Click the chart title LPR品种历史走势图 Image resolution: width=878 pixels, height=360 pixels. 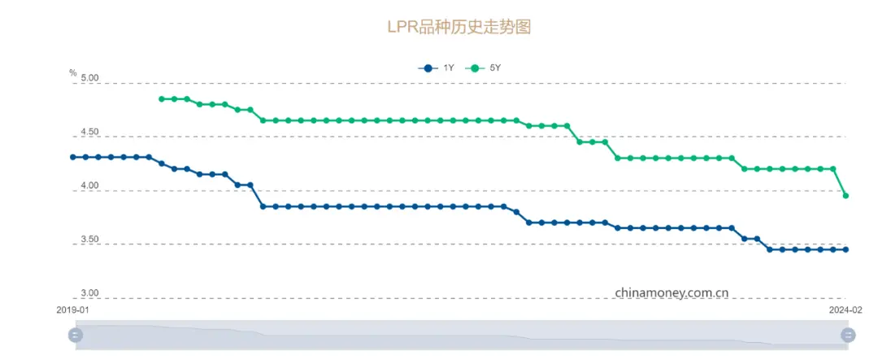click(x=459, y=27)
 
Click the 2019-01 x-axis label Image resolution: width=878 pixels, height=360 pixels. click(x=73, y=310)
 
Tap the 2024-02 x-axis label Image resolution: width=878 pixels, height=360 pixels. click(x=845, y=310)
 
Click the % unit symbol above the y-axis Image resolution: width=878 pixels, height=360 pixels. click(x=73, y=73)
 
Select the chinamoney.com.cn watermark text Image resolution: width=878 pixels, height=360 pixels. click(x=672, y=292)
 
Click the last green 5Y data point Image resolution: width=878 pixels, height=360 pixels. click(x=845, y=196)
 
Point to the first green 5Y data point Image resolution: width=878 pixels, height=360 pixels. click(x=161, y=99)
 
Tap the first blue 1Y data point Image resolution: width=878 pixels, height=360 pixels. click(x=73, y=157)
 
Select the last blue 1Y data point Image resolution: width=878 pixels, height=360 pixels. click(x=845, y=249)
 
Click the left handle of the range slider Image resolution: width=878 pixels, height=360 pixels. click(x=76, y=334)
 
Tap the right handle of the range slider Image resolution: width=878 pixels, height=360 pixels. click(x=848, y=334)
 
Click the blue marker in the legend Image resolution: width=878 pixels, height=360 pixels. click(x=428, y=68)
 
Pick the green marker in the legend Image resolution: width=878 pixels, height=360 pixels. click(x=475, y=68)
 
